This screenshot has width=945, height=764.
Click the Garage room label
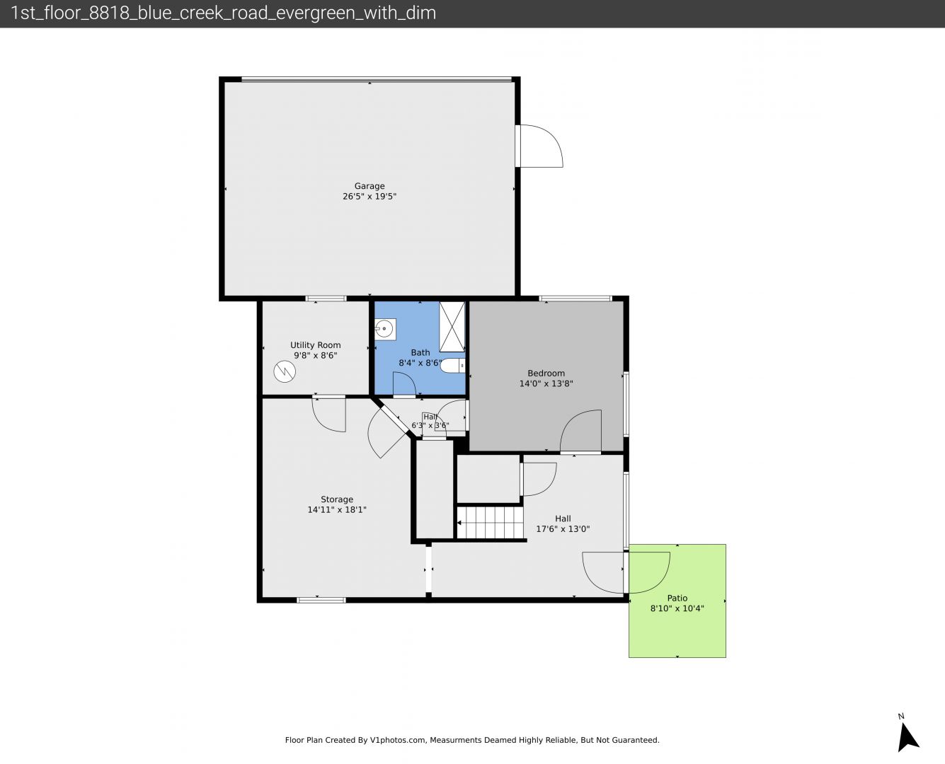click(x=369, y=186)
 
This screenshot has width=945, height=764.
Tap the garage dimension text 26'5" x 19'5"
click(x=369, y=197)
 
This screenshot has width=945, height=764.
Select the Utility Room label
click(x=316, y=345)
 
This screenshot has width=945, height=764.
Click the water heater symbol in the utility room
click(x=285, y=371)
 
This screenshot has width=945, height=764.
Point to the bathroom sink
click(x=384, y=329)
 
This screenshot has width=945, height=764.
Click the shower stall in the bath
click(x=452, y=327)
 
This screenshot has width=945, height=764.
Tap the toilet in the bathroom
click(x=453, y=366)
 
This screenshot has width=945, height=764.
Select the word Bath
click(x=420, y=352)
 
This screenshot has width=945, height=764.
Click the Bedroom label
click(x=546, y=374)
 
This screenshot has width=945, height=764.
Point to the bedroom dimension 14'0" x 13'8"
click(x=546, y=383)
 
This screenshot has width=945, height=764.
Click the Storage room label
click(x=337, y=499)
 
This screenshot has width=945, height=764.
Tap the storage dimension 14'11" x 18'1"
click(x=337, y=509)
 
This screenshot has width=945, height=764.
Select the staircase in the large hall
click(x=491, y=523)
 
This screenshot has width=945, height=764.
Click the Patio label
click(x=677, y=598)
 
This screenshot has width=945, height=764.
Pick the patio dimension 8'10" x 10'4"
click(x=677, y=608)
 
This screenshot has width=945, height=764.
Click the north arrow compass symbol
click(x=907, y=738)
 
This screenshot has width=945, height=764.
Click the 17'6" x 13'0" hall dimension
click(x=563, y=529)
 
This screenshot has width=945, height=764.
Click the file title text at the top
click(x=223, y=13)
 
